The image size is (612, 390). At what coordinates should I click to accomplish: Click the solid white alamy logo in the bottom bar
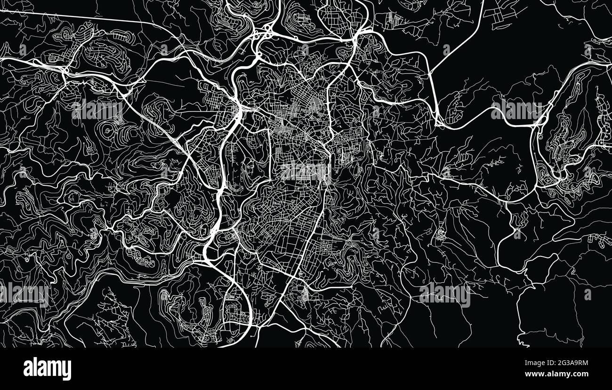47,369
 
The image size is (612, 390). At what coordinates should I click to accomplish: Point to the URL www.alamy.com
555,374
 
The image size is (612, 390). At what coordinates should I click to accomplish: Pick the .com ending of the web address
578,374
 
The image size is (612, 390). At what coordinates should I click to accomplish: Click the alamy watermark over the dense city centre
306,172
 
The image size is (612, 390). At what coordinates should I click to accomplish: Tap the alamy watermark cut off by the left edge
24,294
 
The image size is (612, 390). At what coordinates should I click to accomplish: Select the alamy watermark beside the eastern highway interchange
516,111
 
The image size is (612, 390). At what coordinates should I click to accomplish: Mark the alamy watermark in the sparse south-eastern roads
444,294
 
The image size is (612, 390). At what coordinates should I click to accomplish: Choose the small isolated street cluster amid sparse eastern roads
441,235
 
